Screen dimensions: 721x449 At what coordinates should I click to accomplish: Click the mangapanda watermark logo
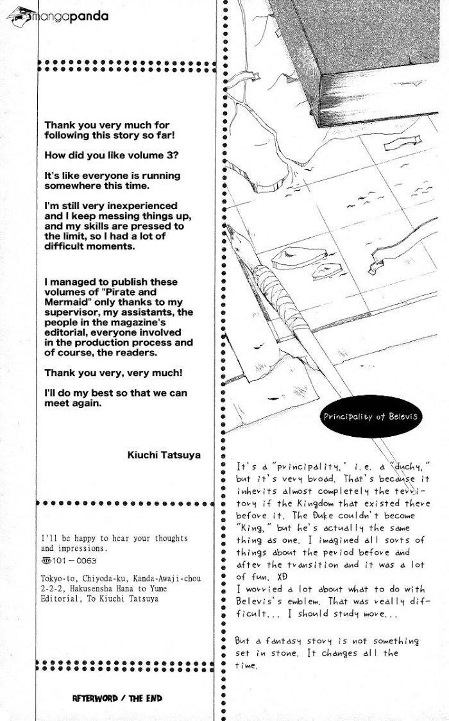click(x=58, y=17)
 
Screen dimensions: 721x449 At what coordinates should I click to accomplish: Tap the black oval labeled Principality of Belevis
click(x=371, y=416)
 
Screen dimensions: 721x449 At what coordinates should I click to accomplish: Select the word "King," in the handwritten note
click(x=253, y=528)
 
